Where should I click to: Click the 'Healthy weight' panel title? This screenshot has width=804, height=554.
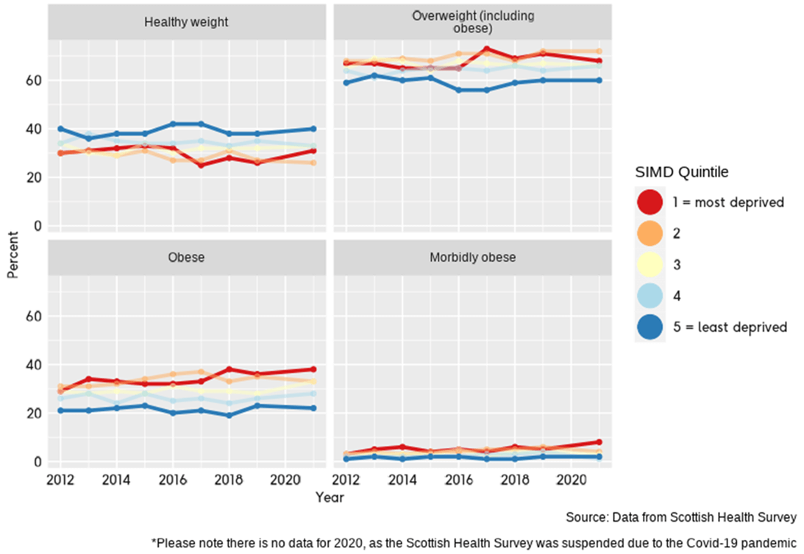click(x=186, y=22)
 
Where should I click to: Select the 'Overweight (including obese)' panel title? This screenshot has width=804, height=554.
click(x=472, y=22)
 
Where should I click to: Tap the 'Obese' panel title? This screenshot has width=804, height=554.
click(x=186, y=258)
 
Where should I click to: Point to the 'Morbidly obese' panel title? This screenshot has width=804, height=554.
click(x=472, y=258)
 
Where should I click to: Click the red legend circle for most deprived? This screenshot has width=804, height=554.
click(x=650, y=202)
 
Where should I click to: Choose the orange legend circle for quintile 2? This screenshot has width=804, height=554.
click(x=650, y=233)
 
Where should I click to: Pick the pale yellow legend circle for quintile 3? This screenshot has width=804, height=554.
click(x=650, y=265)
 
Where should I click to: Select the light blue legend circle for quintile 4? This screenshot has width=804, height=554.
click(x=650, y=296)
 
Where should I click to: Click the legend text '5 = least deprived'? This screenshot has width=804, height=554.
click(x=730, y=327)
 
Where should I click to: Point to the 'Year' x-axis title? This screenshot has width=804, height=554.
click(x=330, y=498)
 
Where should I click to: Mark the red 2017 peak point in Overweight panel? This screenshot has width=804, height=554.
click(x=486, y=49)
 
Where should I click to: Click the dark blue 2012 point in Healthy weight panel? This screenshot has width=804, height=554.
click(x=60, y=129)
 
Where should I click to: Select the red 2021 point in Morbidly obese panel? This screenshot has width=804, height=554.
click(x=600, y=442)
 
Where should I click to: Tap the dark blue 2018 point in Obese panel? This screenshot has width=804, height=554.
click(x=229, y=416)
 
